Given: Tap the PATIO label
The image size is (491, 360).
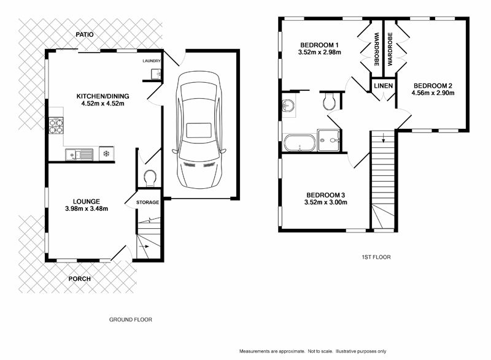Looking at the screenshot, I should (x=85, y=35).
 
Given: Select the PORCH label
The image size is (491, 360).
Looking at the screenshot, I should (x=79, y=279).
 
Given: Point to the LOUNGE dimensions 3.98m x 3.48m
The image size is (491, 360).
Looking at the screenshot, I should (x=87, y=209).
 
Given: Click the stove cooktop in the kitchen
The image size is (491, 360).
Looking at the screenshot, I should (x=56, y=125).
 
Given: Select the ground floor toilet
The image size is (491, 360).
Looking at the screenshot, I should (x=149, y=178).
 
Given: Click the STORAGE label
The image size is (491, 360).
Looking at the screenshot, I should (x=147, y=202).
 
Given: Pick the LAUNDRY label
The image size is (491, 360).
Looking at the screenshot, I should (x=151, y=61).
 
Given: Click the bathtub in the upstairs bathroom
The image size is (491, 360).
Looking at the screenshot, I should (x=299, y=144).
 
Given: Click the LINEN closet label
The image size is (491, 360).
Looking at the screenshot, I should (x=383, y=86).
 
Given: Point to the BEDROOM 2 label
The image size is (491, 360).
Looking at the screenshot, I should (x=432, y=85).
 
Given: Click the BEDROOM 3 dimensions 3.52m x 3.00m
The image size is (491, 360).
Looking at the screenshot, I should (x=325, y=202).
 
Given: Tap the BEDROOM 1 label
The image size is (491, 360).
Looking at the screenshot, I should (x=319, y=45).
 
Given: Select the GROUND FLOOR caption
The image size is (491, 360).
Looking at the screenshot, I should (x=130, y=320).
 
